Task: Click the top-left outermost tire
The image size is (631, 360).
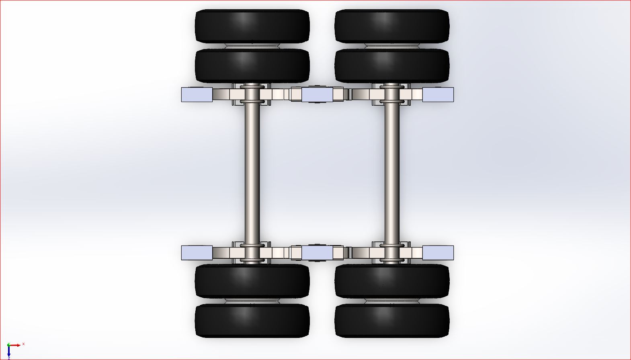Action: [252, 26]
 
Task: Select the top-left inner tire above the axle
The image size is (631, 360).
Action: [252, 65]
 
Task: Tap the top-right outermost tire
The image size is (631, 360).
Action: [392, 26]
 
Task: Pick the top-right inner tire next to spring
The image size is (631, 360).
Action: [392, 65]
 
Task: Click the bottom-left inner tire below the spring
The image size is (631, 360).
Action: [252, 281]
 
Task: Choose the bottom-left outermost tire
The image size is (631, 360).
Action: [252, 320]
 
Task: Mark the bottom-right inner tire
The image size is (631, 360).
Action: [392, 281]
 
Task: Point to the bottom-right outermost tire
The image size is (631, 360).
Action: [392, 320]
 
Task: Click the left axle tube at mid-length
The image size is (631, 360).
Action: [252, 173]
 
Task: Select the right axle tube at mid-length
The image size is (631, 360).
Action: [392, 173]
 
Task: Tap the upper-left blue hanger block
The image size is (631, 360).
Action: [197, 94]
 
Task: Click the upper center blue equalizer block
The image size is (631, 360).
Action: [317, 95]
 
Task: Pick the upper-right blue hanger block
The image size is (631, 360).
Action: [438, 94]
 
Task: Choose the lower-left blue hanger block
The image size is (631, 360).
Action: [197, 253]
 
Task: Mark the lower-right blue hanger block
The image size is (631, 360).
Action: [438, 253]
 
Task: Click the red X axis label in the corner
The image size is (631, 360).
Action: [23, 344]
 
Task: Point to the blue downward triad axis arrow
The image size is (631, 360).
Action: [9, 352]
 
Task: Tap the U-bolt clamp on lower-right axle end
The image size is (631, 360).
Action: [392, 260]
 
